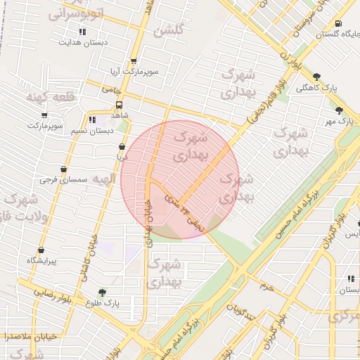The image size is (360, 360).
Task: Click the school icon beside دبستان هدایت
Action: pos(82,32)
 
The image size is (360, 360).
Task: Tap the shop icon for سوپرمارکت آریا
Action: pos(134,61)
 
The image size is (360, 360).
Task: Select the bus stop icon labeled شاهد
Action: pos(118,104)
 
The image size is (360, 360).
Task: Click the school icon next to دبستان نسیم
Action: pos(92,120)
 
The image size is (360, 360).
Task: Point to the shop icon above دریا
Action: pos(122,147)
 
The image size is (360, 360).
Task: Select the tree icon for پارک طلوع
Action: pos(103,292)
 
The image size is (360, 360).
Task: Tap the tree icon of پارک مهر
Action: pos(339,110)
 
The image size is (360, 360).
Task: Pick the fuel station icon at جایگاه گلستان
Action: pos(339,22)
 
